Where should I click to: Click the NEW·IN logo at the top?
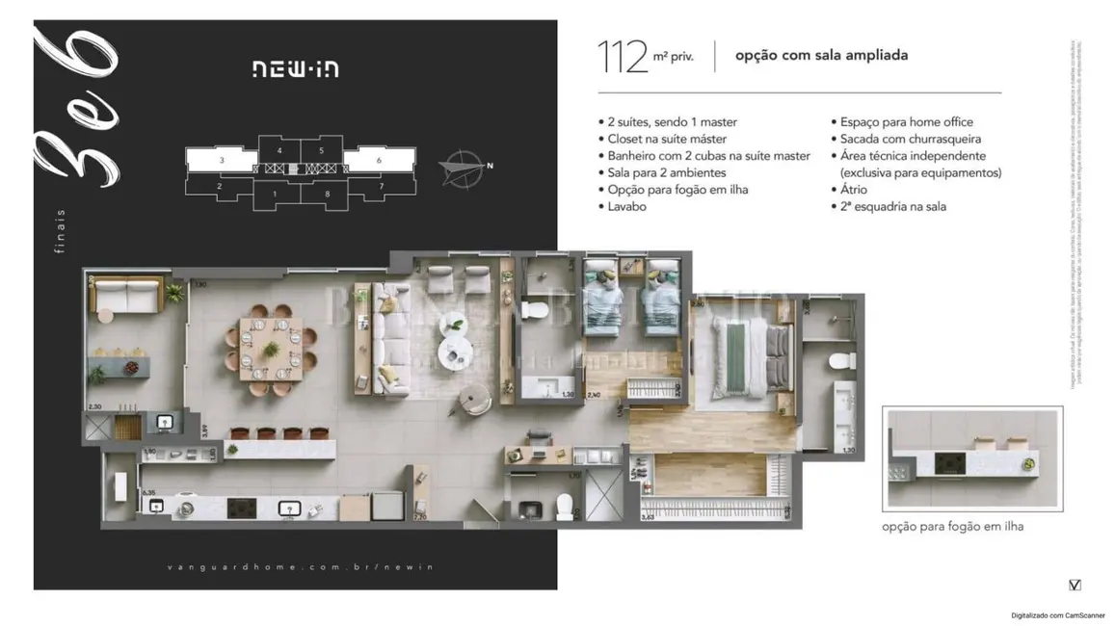[295, 68]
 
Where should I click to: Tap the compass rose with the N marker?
[462, 168]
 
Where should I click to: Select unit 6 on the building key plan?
[379, 160]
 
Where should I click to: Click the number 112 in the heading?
[623, 57]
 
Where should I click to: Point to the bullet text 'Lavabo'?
[628, 206]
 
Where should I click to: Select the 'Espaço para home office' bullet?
[906, 122]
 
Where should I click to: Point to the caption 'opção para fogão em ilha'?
[952, 527]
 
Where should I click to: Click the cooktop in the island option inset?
[951, 464]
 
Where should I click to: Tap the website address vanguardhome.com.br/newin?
[295, 566]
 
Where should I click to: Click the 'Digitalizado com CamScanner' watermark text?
[1057, 614]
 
